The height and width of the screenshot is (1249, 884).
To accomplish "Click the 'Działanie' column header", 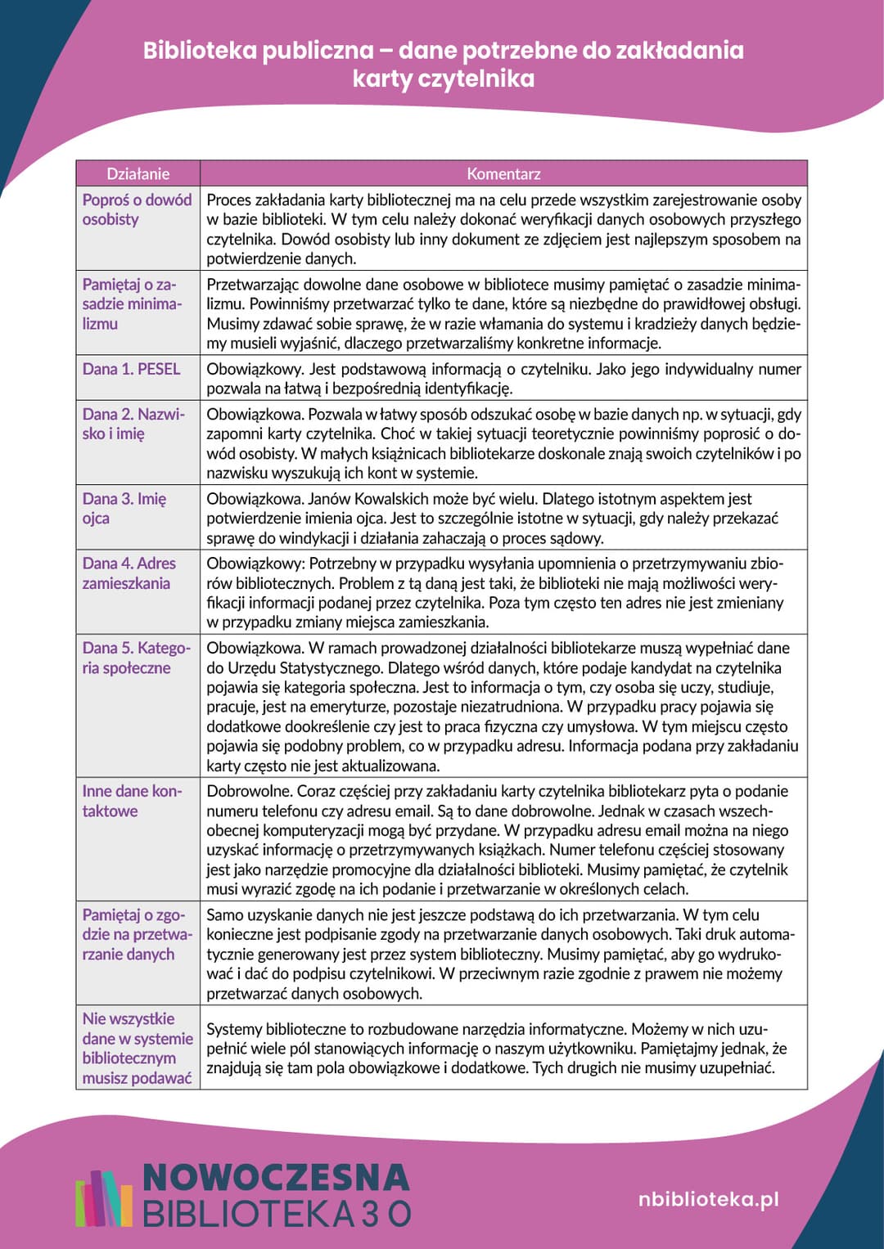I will [x=138, y=173].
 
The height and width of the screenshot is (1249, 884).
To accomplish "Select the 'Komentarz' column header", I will [x=503, y=173].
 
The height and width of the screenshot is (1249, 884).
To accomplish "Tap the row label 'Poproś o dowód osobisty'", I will [x=137, y=209].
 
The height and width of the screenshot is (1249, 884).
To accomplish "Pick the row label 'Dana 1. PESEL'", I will [x=131, y=369].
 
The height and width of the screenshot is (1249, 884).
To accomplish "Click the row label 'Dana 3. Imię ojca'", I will [x=124, y=508].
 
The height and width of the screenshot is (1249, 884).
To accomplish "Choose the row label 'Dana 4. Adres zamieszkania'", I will [x=129, y=573].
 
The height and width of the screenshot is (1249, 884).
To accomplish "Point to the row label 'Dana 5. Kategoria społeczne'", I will [x=135, y=658].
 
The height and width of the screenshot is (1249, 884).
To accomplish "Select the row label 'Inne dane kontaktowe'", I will [x=131, y=801].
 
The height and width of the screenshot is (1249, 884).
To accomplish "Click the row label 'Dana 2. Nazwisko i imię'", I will [x=133, y=424].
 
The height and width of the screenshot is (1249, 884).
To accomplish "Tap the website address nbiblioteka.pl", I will [x=708, y=1199].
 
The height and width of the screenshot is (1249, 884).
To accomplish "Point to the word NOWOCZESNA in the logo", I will [x=276, y=1177].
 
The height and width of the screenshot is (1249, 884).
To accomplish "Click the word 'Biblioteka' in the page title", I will [x=200, y=51].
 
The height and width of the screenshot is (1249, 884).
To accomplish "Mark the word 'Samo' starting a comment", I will [x=225, y=914].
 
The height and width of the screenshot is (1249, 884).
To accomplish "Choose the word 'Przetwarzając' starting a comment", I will [x=255, y=285].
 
